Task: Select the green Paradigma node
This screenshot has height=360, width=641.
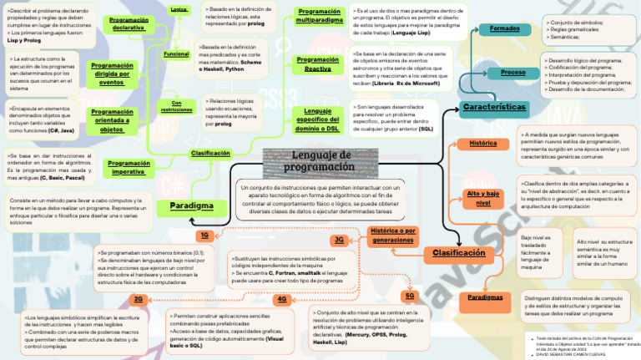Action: click(x=191, y=205)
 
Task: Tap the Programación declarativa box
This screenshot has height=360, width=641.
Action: click(x=129, y=23)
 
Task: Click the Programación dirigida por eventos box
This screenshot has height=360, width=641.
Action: click(x=112, y=74)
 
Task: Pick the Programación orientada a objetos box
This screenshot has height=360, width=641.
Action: click(x=112, y=120)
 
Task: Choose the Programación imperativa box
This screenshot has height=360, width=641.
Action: click(x=129, y=167)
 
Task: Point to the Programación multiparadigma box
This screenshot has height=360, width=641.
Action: click(x=319, y=16)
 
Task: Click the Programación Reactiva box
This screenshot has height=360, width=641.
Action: click(x=317, y=64)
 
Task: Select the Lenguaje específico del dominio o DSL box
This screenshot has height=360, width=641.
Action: click(x=317, y=119)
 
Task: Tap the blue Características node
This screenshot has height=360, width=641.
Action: click(x=494, y=108)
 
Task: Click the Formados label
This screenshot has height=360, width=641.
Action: click(x=504, y=29)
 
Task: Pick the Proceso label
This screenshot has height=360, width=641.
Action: click(x=512, y=73)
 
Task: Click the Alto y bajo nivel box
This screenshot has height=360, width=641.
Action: click(x=482, y=198)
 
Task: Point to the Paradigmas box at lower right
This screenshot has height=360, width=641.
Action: click(x=485, y=297)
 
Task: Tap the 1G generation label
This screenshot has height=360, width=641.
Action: click(x=204, y=236)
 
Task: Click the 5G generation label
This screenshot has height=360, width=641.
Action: click(x=409, y=296)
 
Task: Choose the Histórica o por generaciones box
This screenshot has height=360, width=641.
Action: click(x=392, y=235)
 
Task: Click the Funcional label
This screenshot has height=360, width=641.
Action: click(x=176, y=53)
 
